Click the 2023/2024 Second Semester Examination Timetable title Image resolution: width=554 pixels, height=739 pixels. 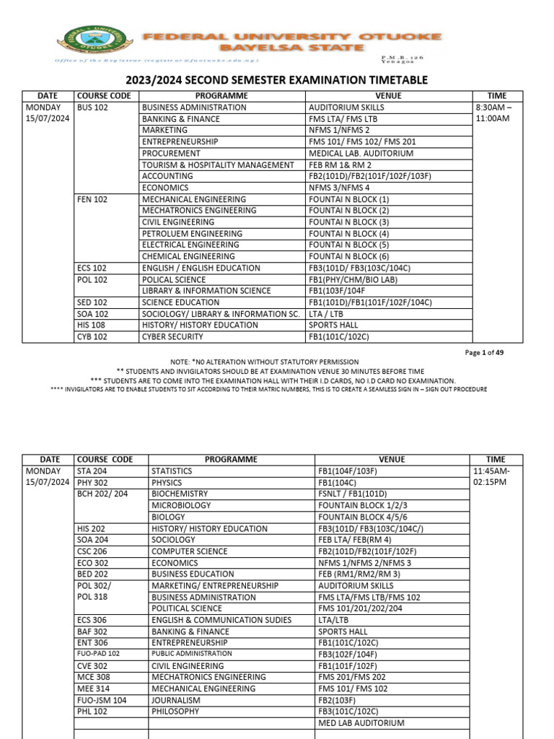(276, 80)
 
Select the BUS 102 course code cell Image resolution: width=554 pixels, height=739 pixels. (92, 108)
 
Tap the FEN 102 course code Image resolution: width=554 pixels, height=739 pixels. (92, 199)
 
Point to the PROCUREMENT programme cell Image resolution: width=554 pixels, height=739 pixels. (171, 154)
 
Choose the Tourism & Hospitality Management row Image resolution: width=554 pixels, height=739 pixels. (218, 165)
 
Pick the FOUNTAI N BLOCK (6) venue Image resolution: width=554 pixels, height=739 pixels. (349, 256)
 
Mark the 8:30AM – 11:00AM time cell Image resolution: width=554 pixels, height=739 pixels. (492, 113)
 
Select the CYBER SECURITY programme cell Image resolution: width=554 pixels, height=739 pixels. (174, 336)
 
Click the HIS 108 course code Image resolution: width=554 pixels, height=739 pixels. (92, 325)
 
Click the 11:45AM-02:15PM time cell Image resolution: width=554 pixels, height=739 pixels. (492, 476)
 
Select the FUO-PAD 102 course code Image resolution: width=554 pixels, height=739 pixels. (98, 654)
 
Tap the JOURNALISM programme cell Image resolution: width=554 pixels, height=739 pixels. (176, 700)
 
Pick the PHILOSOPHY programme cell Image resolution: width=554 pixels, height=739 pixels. (175, 712)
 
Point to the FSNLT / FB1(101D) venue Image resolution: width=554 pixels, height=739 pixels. (356, 494)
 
